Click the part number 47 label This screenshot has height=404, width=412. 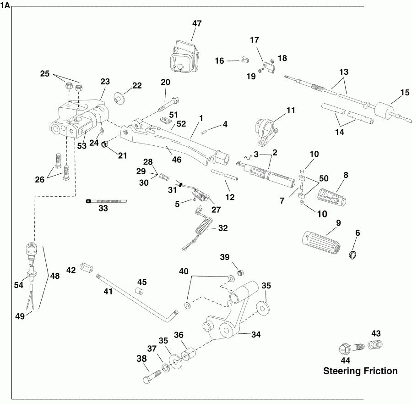pos(197,23)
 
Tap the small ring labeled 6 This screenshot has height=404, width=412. pos(354,255)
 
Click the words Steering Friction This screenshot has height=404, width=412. pos(360,371)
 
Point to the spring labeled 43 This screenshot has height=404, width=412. pos(374,345)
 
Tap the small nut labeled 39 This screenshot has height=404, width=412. pos(239,273)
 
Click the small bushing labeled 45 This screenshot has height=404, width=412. pos(141,292)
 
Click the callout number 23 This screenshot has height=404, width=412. pos(105,82)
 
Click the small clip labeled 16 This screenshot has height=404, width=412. pos(245,60)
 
